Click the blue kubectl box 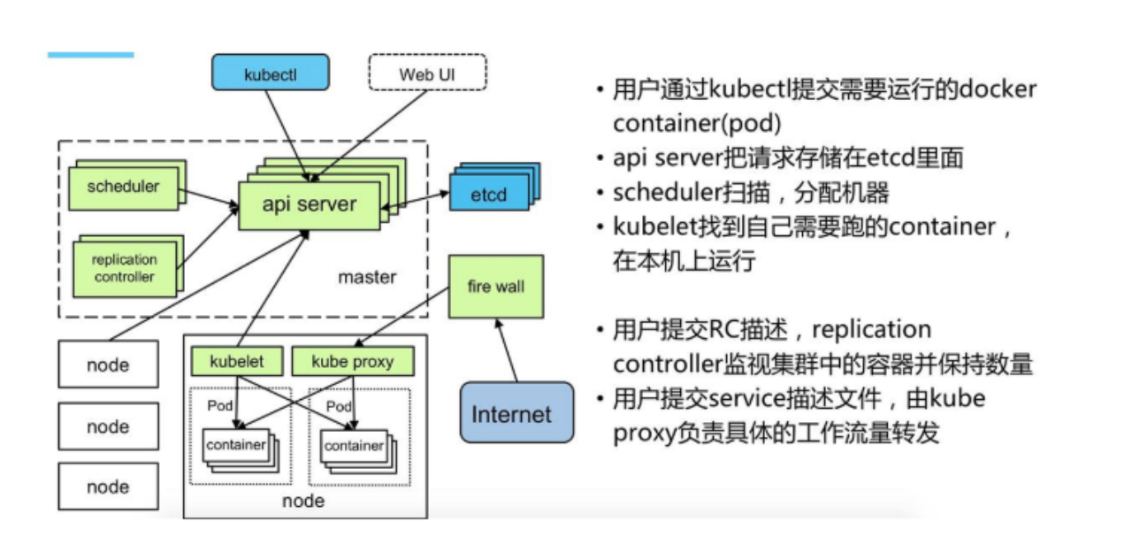(x=270, y=73)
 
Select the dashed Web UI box (x=427, y=73)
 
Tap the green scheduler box (x=123, y=187)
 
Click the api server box (x=309, y=204)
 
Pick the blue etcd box (x=488, y=194)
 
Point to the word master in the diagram (x=367, y=277)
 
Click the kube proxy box (x=352, y=362)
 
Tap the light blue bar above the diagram (x=90, y=55)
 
